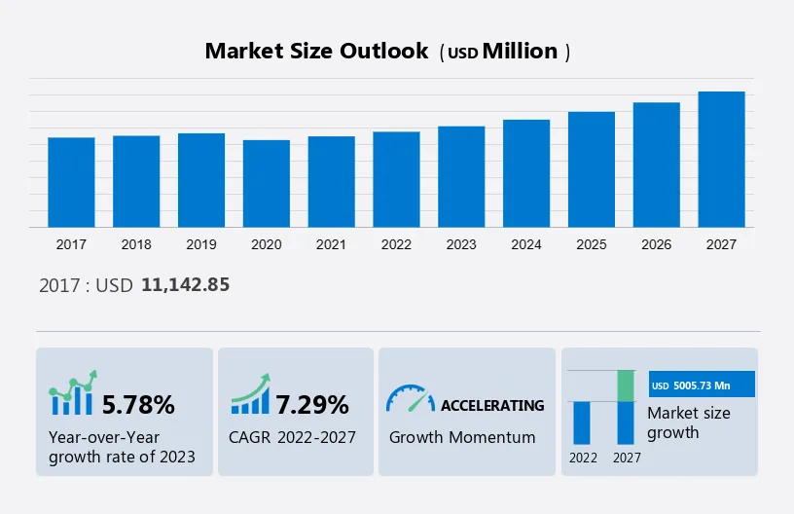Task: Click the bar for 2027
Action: (x=721, y=160)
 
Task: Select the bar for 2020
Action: (x=267, y=184)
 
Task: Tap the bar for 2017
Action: (x=71, y=182)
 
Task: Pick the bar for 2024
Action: (x=526, y=173)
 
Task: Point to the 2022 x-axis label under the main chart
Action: (x=396, y=244)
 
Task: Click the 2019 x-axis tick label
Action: (x=201, y=244)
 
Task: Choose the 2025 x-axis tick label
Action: (x=592, y=244)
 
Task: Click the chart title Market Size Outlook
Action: (x=316, y=52)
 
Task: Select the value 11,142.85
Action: (x=186, y=285)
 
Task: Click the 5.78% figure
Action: (x=138, y=404)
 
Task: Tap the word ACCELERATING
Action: (x=492, y=405)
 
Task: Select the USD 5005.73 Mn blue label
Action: (x=702, y=385)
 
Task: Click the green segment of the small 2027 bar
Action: (x=626, y=385)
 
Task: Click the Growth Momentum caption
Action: (x=462, y=437)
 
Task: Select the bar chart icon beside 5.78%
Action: (x=73, y=394)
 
